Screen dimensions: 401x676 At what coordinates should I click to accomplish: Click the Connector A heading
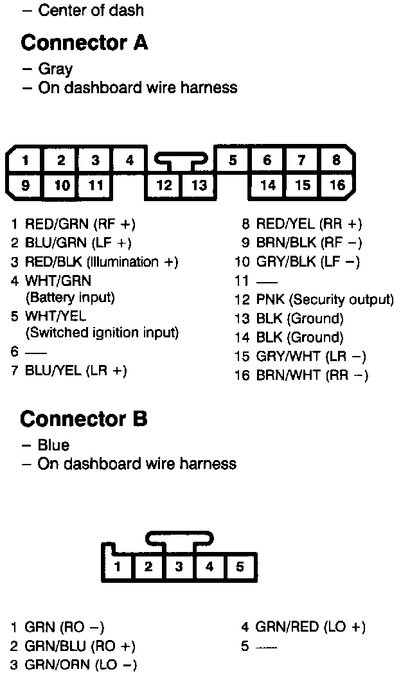point(84,43)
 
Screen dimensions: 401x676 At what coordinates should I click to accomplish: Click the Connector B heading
point(84,419)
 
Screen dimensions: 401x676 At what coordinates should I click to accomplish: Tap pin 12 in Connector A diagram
point(165,185)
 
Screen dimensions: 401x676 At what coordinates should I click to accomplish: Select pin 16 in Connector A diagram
point(337,185)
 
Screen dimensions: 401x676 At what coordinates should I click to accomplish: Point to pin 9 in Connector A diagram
point(25,185)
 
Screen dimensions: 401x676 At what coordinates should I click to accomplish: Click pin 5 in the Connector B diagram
point(240,566)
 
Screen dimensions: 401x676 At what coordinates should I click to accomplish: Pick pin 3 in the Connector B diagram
point(179,566)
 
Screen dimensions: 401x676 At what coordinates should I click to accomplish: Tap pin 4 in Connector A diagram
point(129,161)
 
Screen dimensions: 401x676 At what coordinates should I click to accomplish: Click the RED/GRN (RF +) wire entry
point(80,224)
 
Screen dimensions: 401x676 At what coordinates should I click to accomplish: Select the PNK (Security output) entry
point(325,299)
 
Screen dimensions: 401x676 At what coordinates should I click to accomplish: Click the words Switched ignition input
point(102,333)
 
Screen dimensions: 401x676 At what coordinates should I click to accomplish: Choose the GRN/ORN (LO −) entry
point(80,664)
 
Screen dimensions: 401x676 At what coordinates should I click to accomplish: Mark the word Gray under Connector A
point(55,69)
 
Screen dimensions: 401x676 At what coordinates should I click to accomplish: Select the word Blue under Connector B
point(53,445)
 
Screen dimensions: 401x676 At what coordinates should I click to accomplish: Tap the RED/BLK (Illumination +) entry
point(101,262)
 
